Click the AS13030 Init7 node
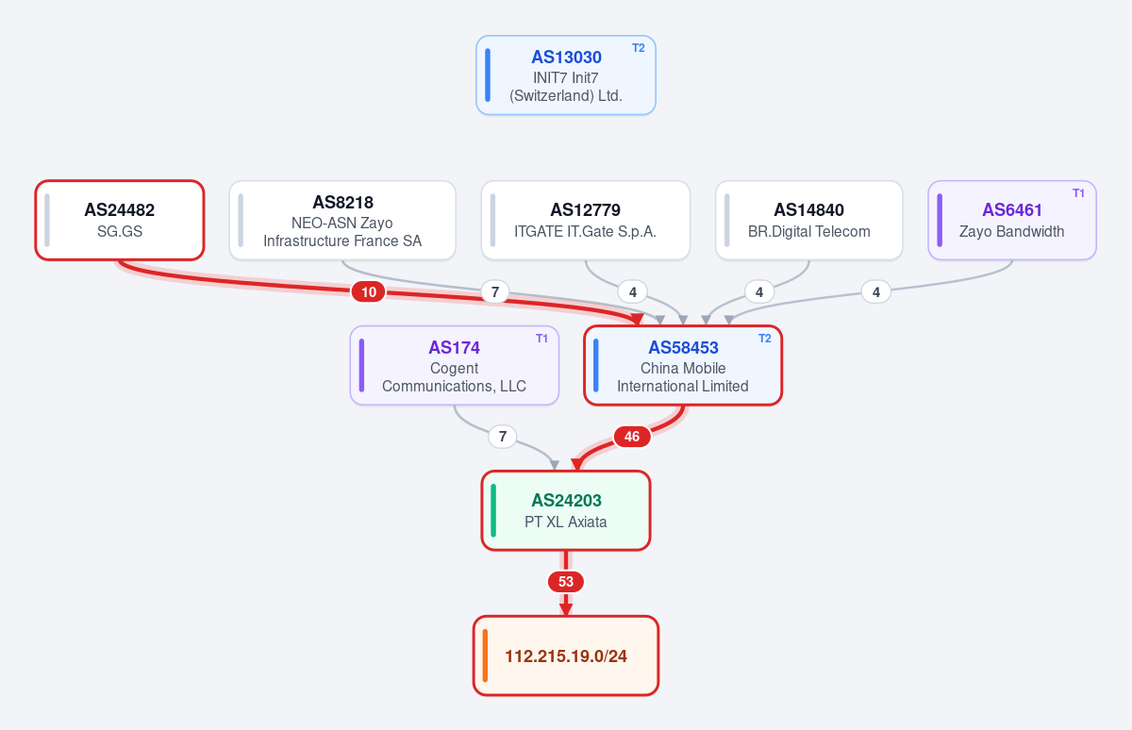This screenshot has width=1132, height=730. pos(566,75)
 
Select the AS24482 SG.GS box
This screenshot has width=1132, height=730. pos(120,221)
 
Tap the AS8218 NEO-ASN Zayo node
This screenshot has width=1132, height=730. pos(342,221)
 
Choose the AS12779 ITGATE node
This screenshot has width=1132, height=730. pos(586,221)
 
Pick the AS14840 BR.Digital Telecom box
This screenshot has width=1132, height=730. pos(809,221)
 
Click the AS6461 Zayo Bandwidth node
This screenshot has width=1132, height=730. pos(1012,221)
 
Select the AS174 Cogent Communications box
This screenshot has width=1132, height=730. pos(455,365)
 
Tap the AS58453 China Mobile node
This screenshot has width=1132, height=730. pos(683,365)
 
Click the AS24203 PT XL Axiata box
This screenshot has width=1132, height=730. pos(566,511)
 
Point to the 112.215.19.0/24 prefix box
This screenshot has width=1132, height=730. pos(566,655)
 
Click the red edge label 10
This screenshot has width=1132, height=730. pos(369,292)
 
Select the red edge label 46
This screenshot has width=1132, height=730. pos(632,437)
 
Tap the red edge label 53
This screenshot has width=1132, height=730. pos(566,582)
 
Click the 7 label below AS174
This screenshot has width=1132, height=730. pos(503,437)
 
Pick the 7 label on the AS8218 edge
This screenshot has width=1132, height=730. pos(495,292)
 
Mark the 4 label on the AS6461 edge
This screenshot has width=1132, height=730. pos(876,292)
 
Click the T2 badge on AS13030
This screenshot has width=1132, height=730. pos(639,48)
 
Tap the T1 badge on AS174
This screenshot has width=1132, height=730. pos(541,339)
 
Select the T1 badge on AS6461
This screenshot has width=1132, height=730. pos(1079,193)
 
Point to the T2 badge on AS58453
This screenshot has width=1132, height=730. pos(765,339)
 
